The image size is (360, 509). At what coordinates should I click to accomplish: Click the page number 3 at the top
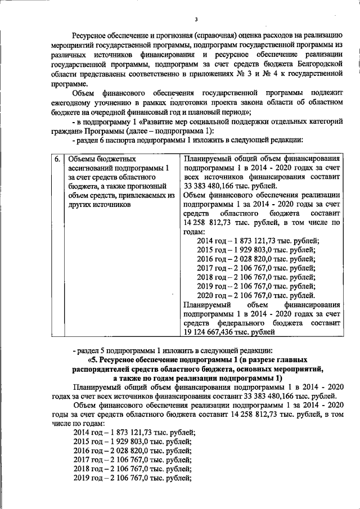pyautogui.click(x=196, y=20)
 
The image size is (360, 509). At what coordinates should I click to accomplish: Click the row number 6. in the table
pyautogui.click(x=58, y=160)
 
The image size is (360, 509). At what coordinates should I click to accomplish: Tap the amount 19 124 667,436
pyautogui.click(x=211, y=333)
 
